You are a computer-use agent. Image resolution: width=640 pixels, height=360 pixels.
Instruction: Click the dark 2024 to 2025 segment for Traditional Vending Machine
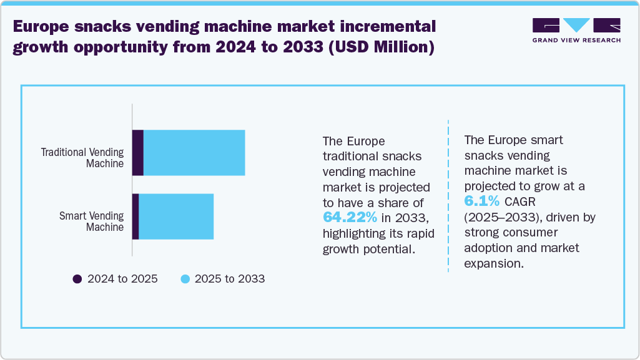tap(138, 153)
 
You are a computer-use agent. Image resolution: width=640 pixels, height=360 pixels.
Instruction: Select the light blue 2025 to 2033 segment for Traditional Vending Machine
tap(194, 153)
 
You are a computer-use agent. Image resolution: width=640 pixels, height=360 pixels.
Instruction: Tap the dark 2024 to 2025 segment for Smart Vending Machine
tap(135, 216)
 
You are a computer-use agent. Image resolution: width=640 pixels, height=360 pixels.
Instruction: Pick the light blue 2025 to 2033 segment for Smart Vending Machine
tap(176, 216)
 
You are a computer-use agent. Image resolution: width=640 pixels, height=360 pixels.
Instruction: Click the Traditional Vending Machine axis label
tap(82, 158)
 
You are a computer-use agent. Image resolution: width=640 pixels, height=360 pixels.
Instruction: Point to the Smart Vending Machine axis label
tap(91, 221)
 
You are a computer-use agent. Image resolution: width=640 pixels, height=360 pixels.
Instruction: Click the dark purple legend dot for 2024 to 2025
tap(77, 279)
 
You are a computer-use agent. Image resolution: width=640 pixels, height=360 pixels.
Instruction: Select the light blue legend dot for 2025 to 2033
tap(185, 279)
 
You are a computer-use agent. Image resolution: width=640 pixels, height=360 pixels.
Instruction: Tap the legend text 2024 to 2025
tap(122, 279)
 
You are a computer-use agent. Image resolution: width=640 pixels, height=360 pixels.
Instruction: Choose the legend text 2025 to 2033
tap(230, 279)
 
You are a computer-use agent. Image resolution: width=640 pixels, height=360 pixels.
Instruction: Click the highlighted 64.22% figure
tap(350, 217)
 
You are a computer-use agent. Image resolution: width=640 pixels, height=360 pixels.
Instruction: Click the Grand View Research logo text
tap(576, 41)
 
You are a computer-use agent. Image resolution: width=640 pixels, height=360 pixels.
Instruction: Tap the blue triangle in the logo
tap(576, 25)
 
